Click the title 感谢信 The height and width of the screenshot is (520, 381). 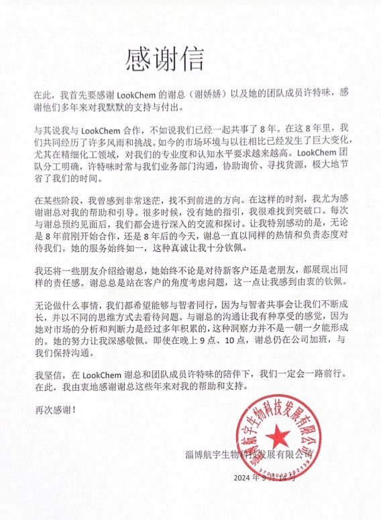pos(164,62)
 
